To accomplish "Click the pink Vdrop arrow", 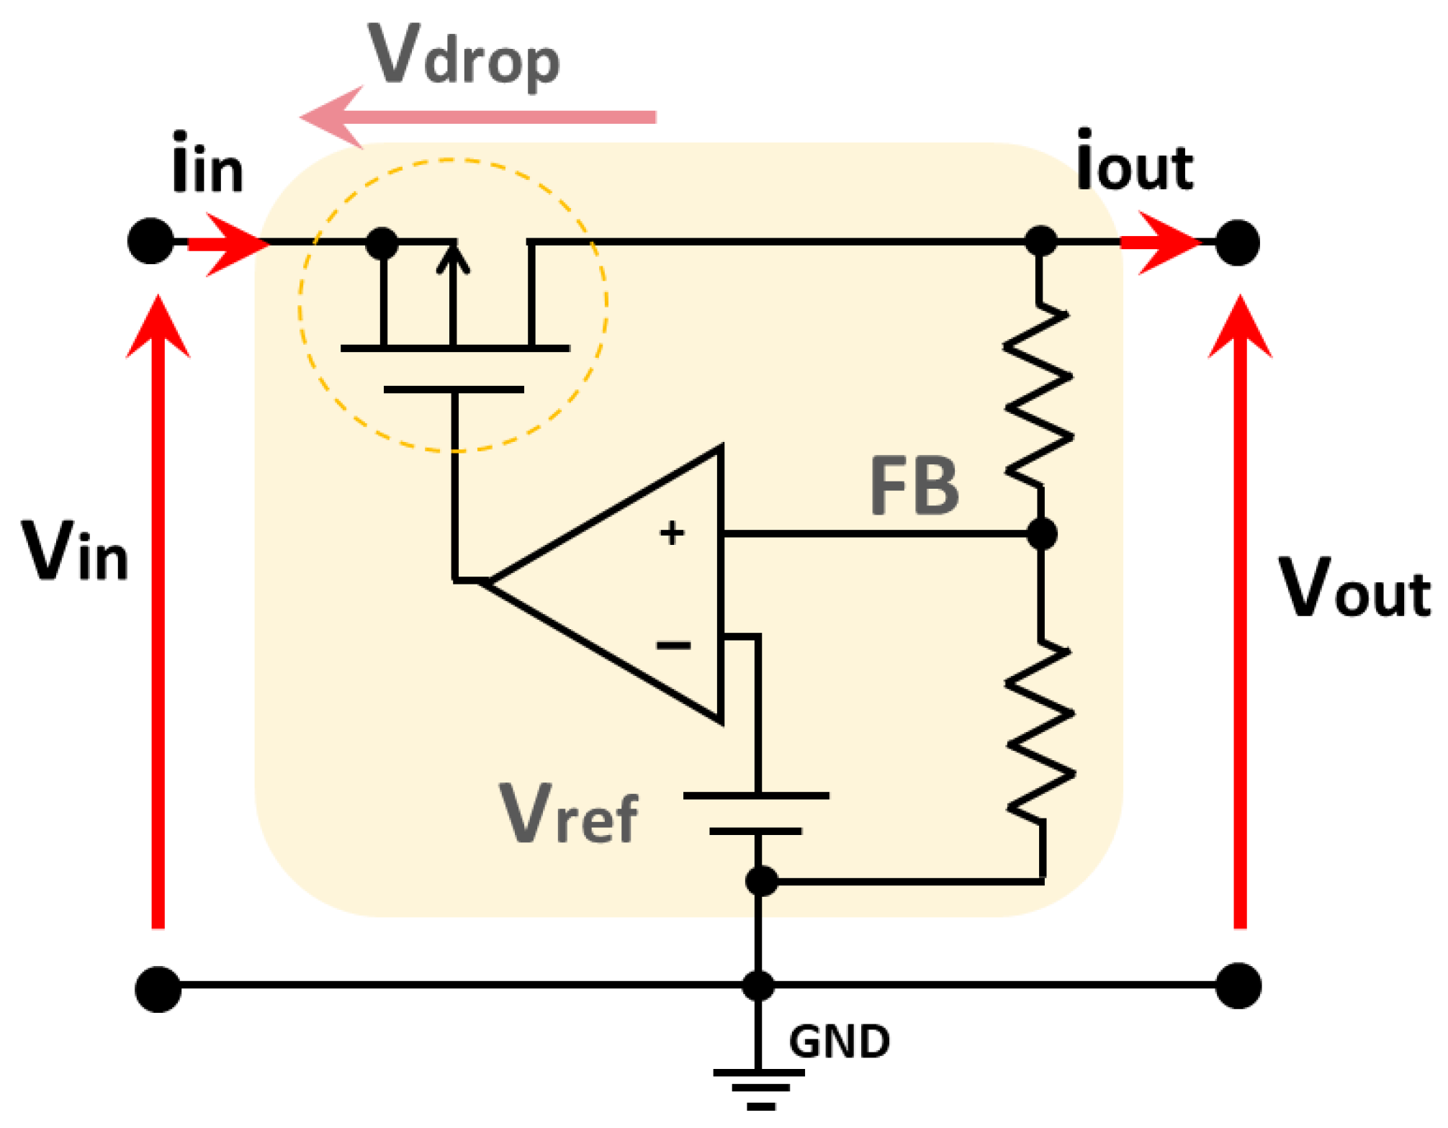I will pyautogui.click(x=475, y=117).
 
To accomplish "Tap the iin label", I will pyautogui.click(x=207, y=166).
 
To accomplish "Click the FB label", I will pyautogui.click(x=914, y=487).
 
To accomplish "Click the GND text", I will pyautogui.click(x=840, y=1042).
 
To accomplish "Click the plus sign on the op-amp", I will pyautogui.click(x=672, y=533).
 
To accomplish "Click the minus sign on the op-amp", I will pyautogui.click(x=673, y=646).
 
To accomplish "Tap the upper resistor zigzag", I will pyautogui.click(x=1039, y=396).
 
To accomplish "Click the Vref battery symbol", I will pyautogui.click(x=756, y=814).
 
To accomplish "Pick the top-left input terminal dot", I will pyautogui.click(x=150, y=241).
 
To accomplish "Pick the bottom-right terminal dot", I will pyautogui.click(x=1238, y=985).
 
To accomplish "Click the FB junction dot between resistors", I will pyautogui.click(x=1041, y=534).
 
